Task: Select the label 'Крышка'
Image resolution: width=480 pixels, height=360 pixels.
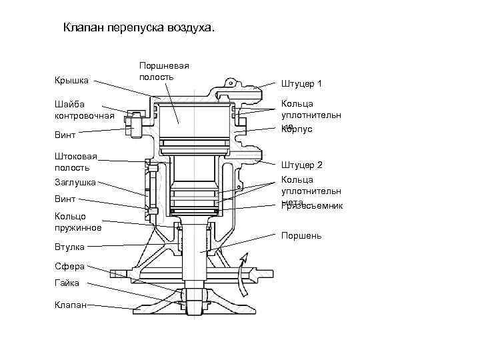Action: tap(71, 81)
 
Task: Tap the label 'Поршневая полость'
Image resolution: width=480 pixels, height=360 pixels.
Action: tap(164, 71)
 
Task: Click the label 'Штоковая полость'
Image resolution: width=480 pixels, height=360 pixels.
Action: tap(75, 162)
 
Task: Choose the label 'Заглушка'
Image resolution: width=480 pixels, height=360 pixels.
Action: tap(75, 182)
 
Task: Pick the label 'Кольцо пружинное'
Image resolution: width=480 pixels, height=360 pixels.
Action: tap(78, 222)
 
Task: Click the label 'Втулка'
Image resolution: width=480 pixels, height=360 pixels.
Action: tap(69, 247)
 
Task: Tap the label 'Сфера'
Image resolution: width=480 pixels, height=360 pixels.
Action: tap(69, 266)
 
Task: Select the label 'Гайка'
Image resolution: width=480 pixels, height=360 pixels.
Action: tap(67, 283)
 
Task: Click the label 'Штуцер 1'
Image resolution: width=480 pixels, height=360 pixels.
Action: tap(301, 84)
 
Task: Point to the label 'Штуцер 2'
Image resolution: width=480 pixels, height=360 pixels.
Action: tap(301, 165)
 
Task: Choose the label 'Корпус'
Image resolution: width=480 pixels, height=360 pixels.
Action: tap(297, 129)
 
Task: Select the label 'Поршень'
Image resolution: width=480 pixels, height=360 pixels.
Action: tap(301, 235)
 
